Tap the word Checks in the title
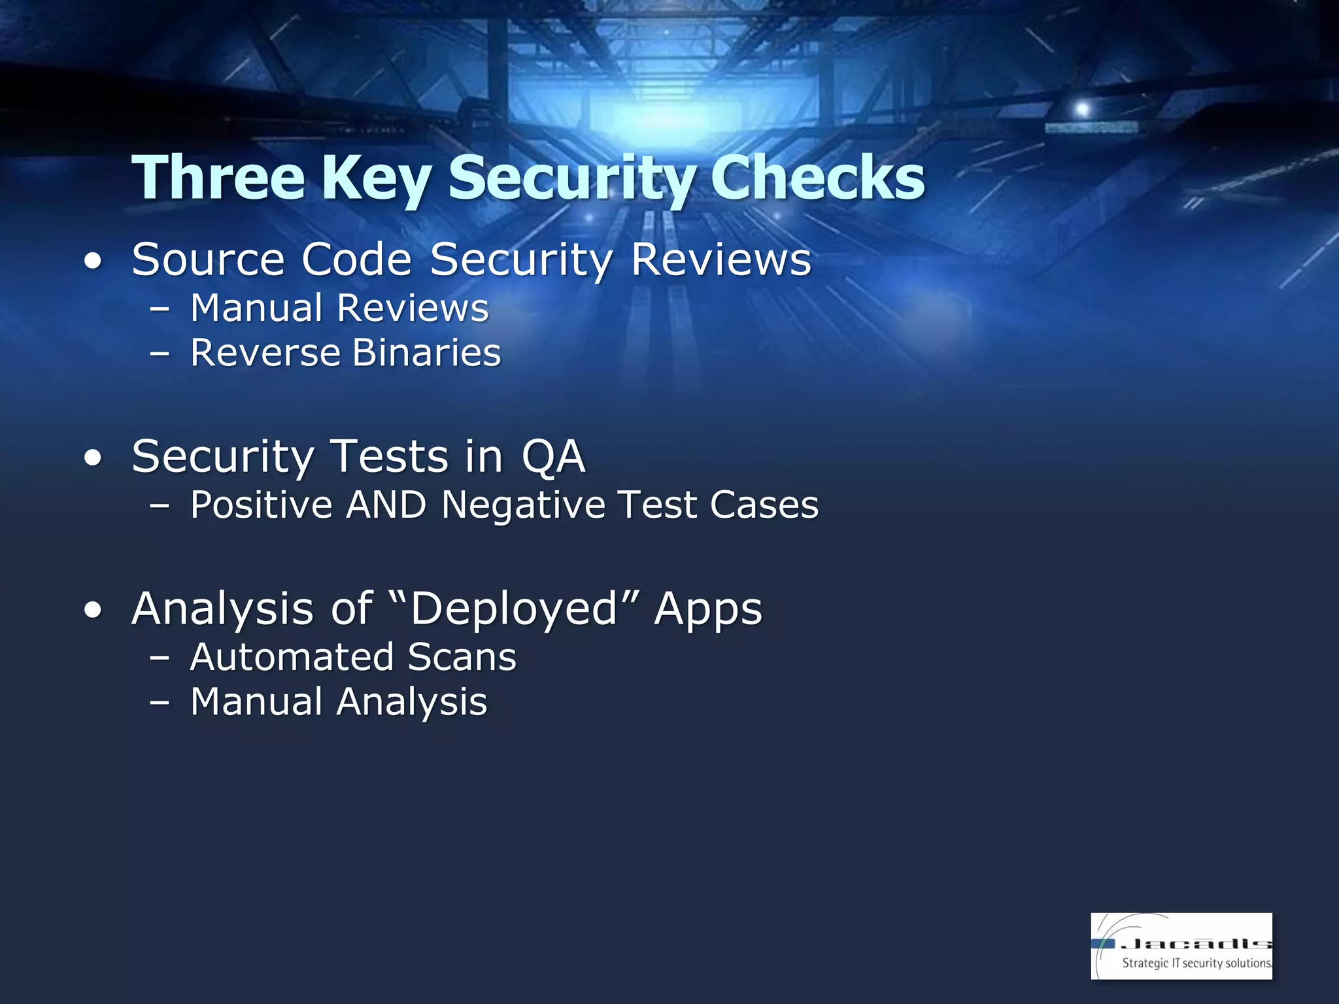[817, 178]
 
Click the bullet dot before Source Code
[93, 261]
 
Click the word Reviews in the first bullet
[720, 259]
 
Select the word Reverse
[265, 353]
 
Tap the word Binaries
[426, 353]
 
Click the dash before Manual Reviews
[160, 309]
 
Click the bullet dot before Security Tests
[93, 458]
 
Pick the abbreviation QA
[553, 456]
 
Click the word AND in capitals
[386, 505]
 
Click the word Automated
[292, 657]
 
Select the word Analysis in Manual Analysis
[412, 703]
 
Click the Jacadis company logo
[1181, 945]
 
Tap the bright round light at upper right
[1082, 109]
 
